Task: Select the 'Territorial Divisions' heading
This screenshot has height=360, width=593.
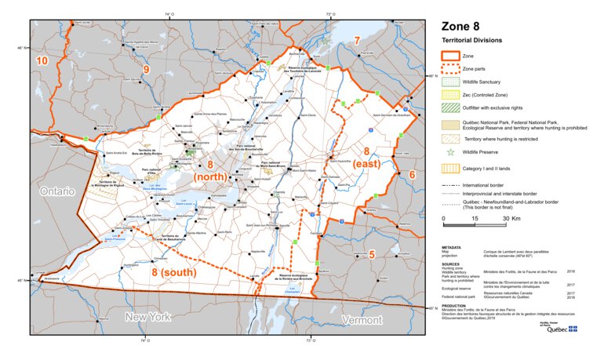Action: click(x=472, y=39)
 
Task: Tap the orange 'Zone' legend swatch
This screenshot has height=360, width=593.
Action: click(x=449, y=56)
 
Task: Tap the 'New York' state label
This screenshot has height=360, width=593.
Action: click(x=147, y=317)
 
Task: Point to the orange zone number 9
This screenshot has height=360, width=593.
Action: click(x=145, y=70)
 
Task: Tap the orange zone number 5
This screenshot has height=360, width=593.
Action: click(x=372, y=253)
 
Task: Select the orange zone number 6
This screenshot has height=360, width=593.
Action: click(x=411, y=174)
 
